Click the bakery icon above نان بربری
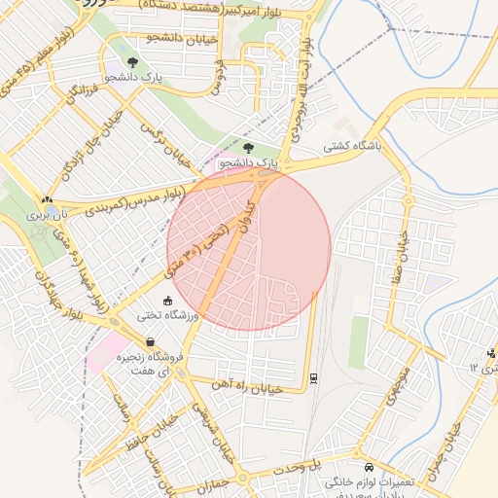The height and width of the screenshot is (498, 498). pyautogui.click(x=46, y=198)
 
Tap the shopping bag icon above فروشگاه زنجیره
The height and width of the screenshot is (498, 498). pyautogui.click(x=151, y=342)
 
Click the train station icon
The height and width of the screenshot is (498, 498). pyautogui.click(x=313, y=376)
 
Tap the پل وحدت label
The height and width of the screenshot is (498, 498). pyautogui.click(x=310, y=467)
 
